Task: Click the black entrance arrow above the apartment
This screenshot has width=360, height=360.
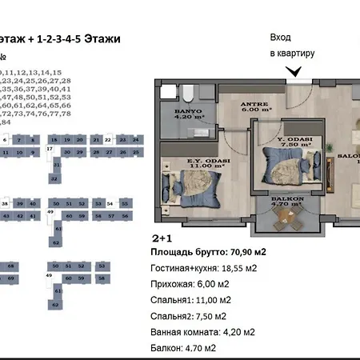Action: coord(295,71)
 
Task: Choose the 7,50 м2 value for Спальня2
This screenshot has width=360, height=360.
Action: coord(216,316)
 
